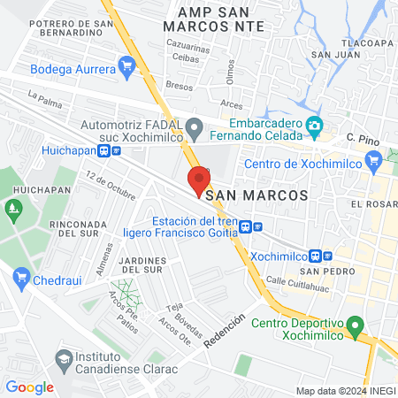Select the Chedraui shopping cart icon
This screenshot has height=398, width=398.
coord(23,280)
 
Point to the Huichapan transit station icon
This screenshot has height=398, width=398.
coord(106,150)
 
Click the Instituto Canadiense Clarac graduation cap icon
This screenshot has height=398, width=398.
coord(64,360)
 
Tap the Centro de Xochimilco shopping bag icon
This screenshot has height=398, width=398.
coord(376,162)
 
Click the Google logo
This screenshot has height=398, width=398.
coord(29,387)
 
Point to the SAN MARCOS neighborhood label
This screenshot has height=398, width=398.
coord(256,194)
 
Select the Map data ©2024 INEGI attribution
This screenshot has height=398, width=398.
coord(345,391)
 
